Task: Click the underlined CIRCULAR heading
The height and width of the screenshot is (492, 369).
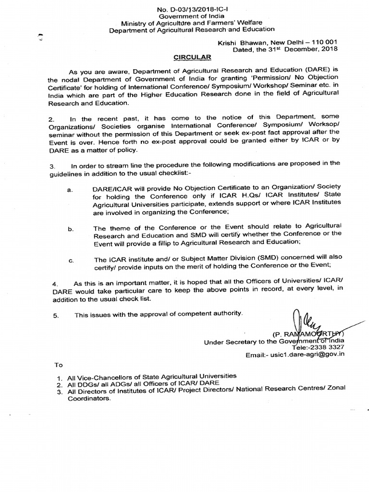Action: click(x=192, y=57)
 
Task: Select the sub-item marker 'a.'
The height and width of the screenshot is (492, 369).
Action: click(x=71, y=190)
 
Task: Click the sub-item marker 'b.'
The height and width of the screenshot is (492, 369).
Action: click(x=71, y=230)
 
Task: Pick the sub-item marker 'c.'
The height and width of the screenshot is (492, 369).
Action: click(x=71, y=261)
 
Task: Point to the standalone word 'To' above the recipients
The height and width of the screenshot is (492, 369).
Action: click(x=59, y=365)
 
